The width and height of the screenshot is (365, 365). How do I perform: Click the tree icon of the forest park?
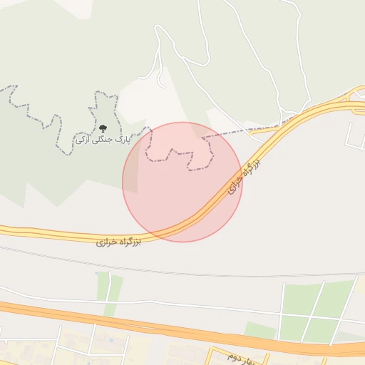[103, 128]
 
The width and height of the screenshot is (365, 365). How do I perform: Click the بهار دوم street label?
[232, 354]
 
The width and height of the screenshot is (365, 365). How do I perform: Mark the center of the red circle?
[182, 182]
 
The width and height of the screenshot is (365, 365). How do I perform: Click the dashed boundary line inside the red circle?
[178, 153]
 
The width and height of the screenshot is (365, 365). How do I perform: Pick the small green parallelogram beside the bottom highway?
[260, 331]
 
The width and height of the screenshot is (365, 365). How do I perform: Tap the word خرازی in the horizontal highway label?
[107, 242]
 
